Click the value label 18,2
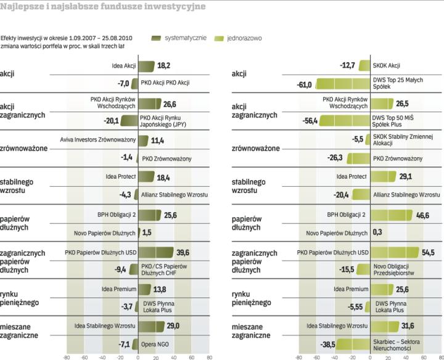pyautogui.click(x=164, y=65)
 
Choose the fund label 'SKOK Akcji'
pyautogui.click(x=387, y=65)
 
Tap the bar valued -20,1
pyautogui.click(x=129, y=120)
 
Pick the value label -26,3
pyautogui.click(x=335, y=158)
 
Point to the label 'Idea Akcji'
pyautogui.click(x=124, y=65)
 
